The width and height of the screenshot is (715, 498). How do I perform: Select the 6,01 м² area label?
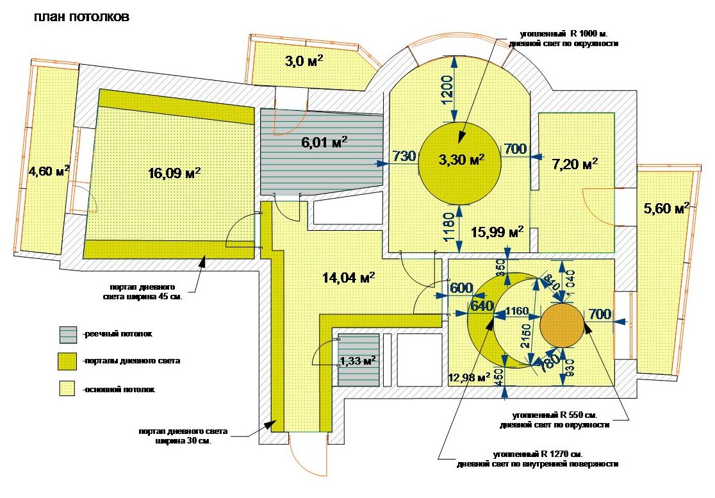(324, 142)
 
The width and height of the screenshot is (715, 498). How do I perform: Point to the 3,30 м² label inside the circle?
(461, 159)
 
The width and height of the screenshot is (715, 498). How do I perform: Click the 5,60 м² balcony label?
(666, 208)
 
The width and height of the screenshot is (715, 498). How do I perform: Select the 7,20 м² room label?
(575, 164)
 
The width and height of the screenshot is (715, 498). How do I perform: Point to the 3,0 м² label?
(303, 62)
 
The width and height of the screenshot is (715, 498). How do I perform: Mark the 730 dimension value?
(404, 156)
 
